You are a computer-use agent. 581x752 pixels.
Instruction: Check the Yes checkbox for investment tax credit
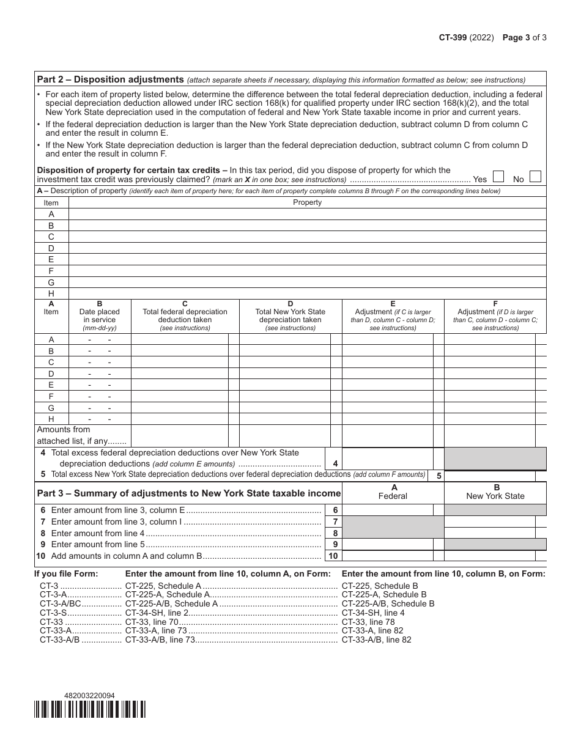[498, 177]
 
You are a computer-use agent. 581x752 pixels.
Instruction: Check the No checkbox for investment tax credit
[535, 177]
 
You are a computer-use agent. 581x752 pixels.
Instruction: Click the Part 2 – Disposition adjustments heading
[111, 79]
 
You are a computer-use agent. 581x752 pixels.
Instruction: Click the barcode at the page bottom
[91, 709]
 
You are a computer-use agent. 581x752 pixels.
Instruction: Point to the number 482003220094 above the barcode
[89, 695]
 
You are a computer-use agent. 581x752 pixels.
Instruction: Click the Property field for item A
[307, 214]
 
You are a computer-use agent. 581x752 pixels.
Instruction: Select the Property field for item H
[307, 293]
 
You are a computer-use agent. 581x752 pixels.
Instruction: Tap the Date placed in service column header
[100, 315]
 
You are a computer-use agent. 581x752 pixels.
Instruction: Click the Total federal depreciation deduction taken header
[185, 315]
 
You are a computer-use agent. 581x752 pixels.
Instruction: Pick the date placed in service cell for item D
[100, 374]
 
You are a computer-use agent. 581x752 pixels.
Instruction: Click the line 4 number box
[335, 463]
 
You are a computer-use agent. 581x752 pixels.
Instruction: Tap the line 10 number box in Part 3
[333, 556]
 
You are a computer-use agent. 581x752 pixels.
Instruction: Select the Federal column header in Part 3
[393, 492]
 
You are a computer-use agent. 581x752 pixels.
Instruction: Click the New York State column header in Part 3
[495, 492]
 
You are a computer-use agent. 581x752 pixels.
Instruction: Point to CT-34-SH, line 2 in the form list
[157, 613]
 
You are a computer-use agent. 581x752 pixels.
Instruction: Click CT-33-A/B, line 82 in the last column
[376, 640]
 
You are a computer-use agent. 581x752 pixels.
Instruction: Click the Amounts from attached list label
[81, 435]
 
